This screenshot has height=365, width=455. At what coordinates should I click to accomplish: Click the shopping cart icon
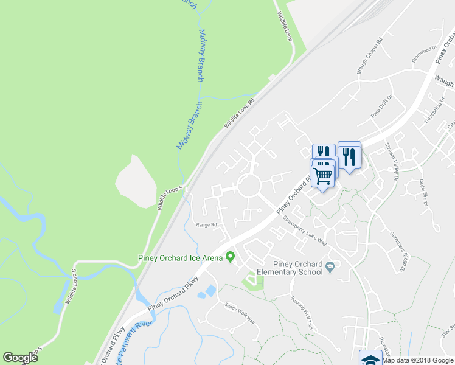click(x=323, y=176)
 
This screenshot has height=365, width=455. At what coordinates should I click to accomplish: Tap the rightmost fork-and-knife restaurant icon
click(x=349, y=156)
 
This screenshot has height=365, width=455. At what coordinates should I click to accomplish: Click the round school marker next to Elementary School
click(x=330, y=266)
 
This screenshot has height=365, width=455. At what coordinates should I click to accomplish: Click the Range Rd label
click(x=206, y=225)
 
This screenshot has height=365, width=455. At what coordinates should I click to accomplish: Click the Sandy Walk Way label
click(x=239, y=313)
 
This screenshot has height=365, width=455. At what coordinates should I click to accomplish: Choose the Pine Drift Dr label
click(x=383, y=108)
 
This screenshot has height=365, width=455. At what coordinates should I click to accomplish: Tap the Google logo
click(x=20, y=358)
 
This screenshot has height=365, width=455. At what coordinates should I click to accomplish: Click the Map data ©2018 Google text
click(x=418, y=360)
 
